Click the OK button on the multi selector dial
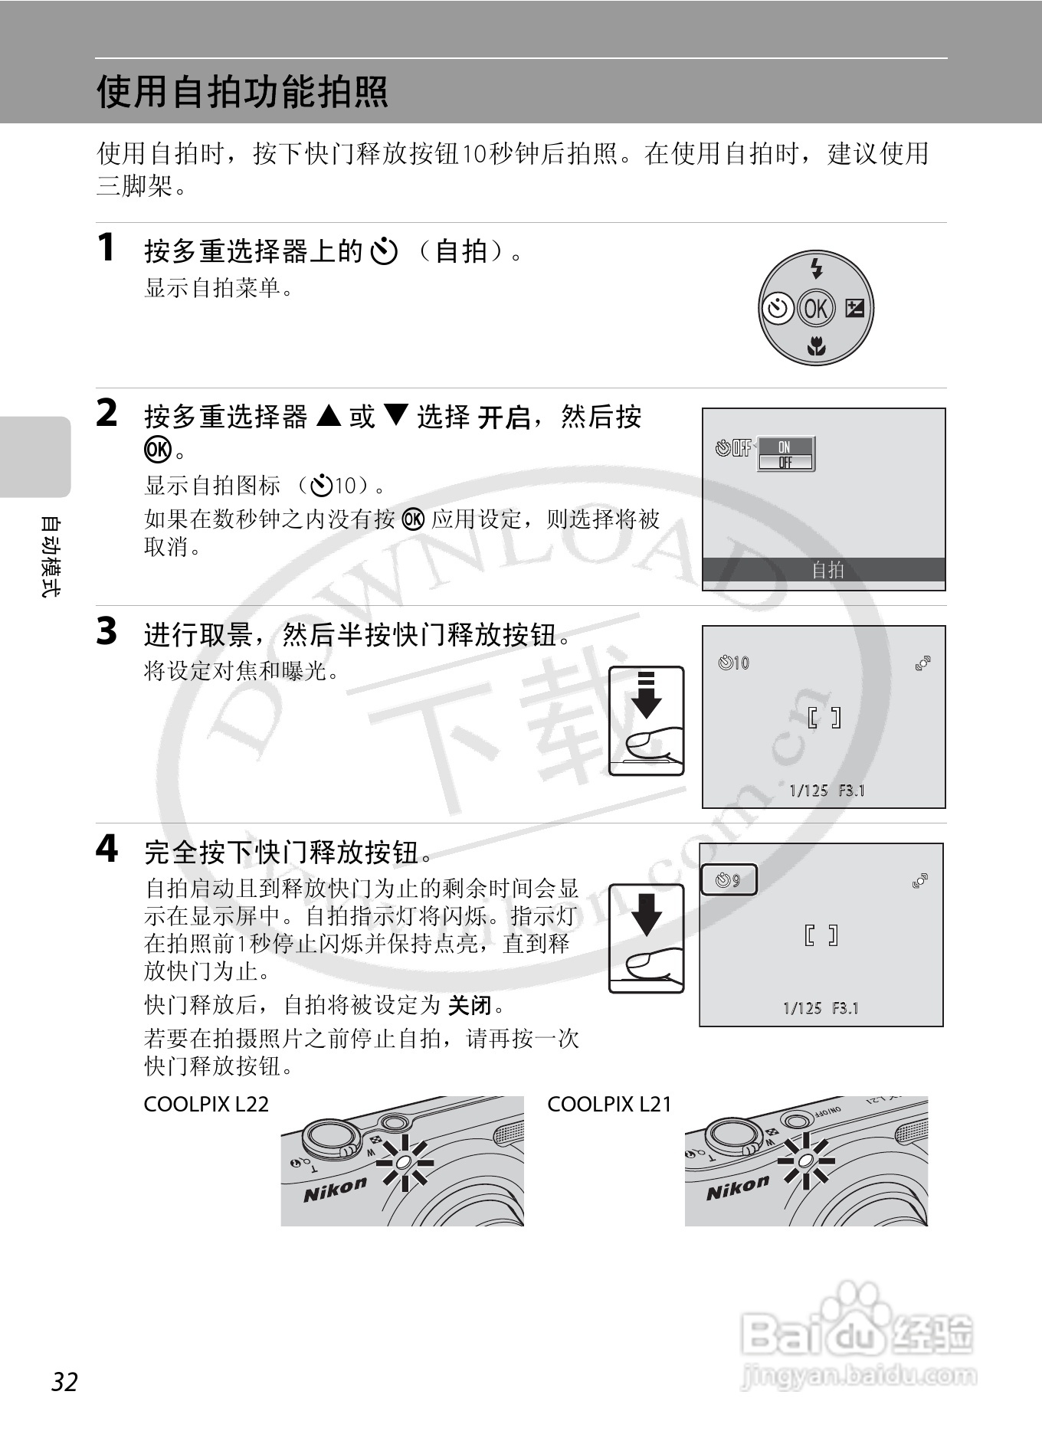(815, 308)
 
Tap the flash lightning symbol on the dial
(817, 268)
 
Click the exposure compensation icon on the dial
(854, 308)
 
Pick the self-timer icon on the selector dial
(778, 308)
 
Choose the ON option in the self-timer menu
(785, 447)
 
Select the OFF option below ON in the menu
(785, 462)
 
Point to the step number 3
(106, 632)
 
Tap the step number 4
(106, 849)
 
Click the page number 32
(64, 1382)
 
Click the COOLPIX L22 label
(206, 1104)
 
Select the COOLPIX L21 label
(609, 1104)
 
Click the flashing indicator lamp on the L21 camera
(805, 1161)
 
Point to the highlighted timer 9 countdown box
(729, 879)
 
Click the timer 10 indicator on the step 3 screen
(734, 663)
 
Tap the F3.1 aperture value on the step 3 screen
(851, 790)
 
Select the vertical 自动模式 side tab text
(49, 557)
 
